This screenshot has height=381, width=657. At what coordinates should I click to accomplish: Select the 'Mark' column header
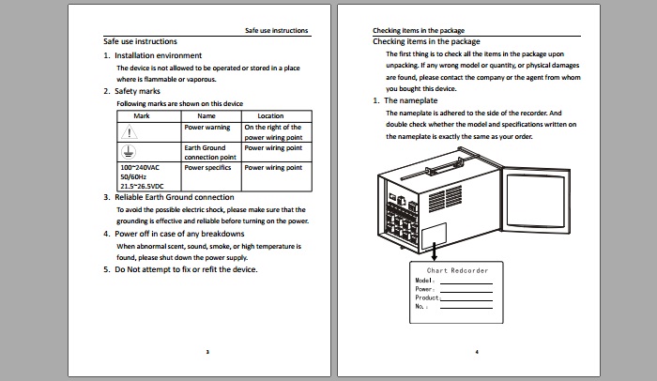tap(142, 115)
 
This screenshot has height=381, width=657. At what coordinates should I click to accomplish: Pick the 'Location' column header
tap(270, 115)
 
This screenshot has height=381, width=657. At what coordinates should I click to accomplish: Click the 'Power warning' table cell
tap(207, 127)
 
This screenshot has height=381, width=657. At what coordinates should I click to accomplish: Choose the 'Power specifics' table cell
tap(207, 168)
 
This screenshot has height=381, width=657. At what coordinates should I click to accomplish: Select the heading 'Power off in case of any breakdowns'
tap(179, 233)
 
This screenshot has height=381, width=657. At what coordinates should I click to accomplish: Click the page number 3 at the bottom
tap(207, 352)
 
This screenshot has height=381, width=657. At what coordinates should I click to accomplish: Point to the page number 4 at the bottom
tap(477, 352)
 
